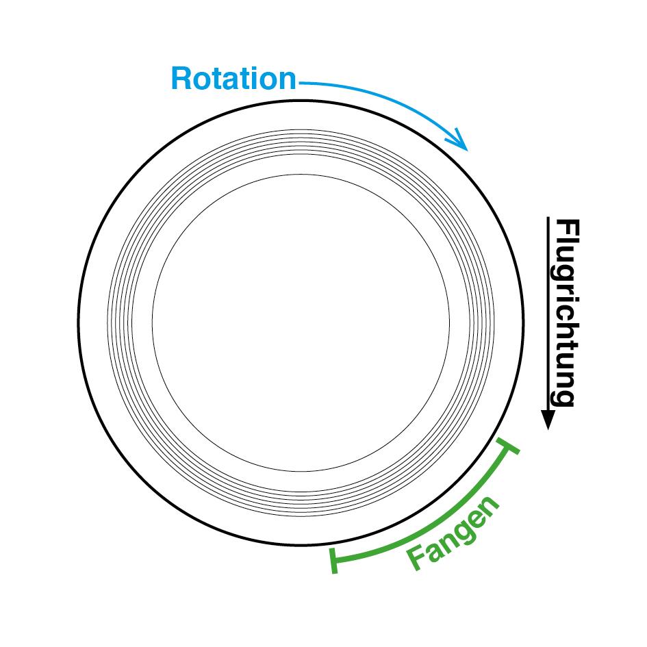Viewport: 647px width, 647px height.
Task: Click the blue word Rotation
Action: click(233, 79)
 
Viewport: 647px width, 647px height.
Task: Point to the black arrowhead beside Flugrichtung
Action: click(548, 419)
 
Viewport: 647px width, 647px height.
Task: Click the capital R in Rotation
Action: click(180, 79)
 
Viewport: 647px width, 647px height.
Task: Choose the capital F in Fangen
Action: click(418, 559)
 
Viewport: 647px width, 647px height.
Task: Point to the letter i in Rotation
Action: click(257, 79)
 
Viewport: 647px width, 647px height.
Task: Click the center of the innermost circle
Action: click(301, 323)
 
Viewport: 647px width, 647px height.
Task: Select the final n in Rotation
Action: click(287, 80)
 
